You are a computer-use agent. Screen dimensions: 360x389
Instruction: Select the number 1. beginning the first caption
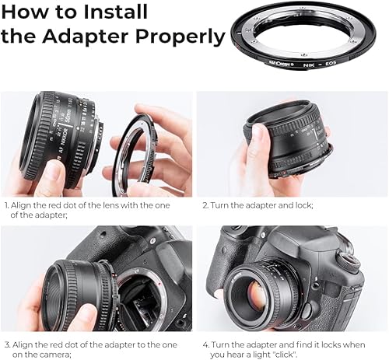8,206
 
